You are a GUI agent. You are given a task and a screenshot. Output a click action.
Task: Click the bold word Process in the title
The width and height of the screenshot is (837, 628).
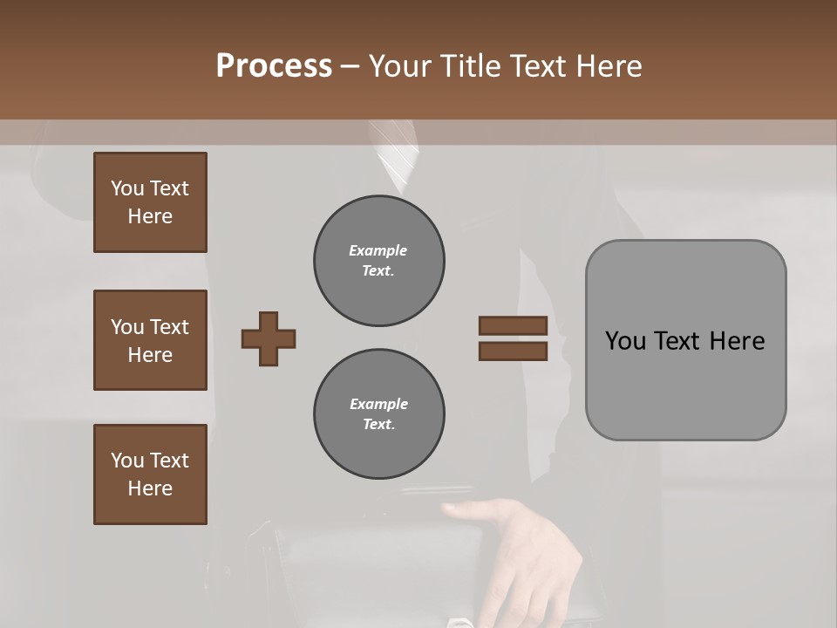[x=274, y=66]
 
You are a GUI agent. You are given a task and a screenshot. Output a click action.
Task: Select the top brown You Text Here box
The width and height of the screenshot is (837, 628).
[x=150, y=202]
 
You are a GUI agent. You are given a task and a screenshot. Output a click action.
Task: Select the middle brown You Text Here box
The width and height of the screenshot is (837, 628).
[x=150, y=340]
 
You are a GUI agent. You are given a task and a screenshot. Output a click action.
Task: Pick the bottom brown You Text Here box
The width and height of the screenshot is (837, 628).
[x=150, y=474]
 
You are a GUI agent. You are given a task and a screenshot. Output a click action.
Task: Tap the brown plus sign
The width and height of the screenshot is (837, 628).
[x=269, y=338]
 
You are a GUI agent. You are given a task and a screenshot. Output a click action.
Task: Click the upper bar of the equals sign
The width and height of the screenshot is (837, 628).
[x=513, y=325]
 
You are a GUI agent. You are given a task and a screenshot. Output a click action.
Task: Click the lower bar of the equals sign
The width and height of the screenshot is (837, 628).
[x=513, y=352]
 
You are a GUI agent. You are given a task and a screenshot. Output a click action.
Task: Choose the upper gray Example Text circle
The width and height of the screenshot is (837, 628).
[x=378, y=261]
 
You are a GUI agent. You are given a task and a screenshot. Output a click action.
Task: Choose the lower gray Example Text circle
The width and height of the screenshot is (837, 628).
[x=378, y=413]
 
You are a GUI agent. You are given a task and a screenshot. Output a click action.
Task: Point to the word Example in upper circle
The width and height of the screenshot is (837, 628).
[x=378, y=250]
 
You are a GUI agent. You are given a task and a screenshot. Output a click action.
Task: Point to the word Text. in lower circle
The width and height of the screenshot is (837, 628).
[x=378, y=424]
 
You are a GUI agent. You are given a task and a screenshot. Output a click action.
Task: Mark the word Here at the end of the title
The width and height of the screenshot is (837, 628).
[x=609, y=66]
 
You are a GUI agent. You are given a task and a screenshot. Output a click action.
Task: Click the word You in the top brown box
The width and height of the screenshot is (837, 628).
[x=127, y=188]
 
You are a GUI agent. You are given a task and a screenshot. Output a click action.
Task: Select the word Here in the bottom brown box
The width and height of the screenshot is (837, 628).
[x=150, y=488]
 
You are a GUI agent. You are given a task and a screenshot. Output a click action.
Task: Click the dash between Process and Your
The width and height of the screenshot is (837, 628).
[x=350, y=66]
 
